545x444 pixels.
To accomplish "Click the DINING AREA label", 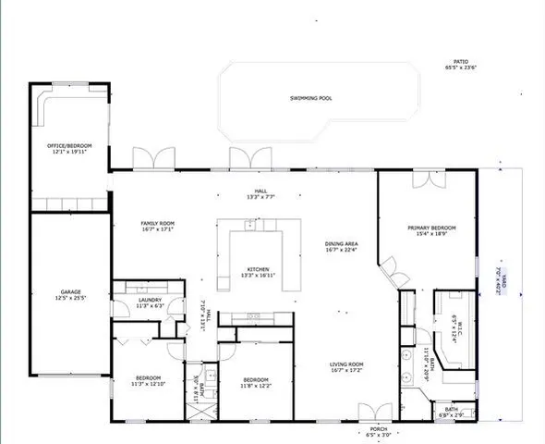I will tap(341, 245).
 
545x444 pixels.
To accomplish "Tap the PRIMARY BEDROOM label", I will tap(427, 227).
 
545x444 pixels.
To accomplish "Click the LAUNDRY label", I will tap(138, 299).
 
